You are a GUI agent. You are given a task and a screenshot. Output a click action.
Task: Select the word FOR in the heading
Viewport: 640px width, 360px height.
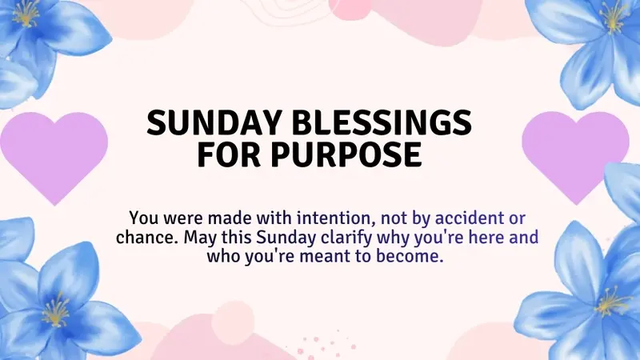click(231, 154)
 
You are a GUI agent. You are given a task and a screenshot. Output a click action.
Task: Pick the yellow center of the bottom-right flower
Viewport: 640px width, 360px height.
click(610, 302)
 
